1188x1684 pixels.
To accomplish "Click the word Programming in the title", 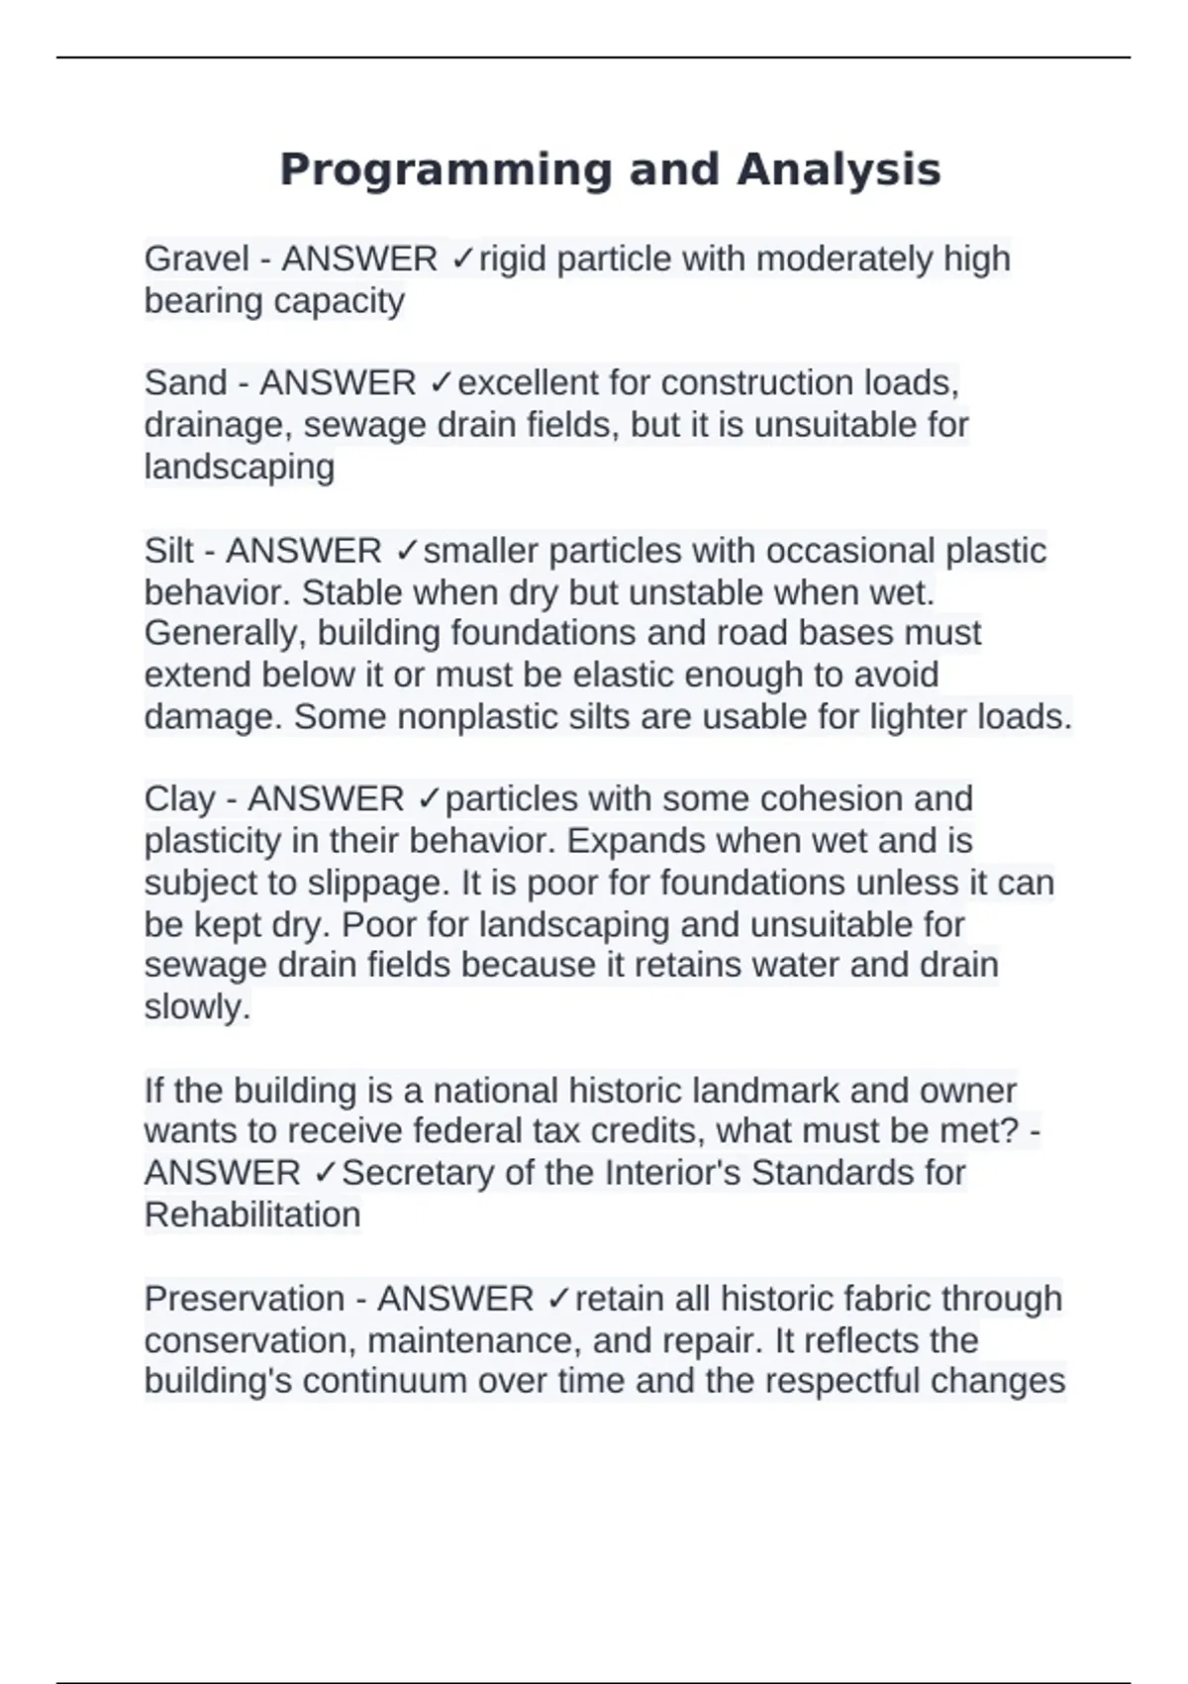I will click(x=445, y=169).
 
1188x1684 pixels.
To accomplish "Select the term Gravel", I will click(x=196, y=259).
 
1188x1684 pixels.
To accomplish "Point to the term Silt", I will click(x=168, y=551).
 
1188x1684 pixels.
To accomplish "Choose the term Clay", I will click(x=179, y=798).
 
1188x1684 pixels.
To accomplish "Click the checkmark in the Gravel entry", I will click(x=461, y=259).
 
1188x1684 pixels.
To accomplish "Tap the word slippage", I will click(x=356, y=883).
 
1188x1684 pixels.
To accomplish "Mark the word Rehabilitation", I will click(x=252, y=1214).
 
